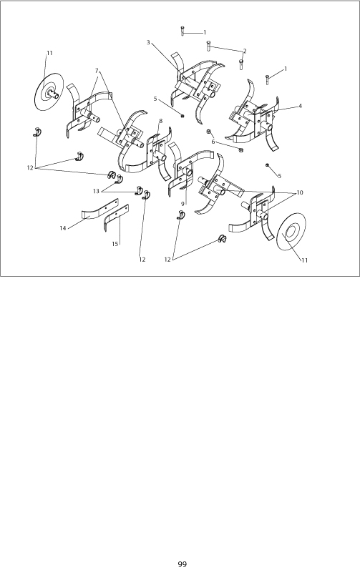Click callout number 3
(x=148, y=42)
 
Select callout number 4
(x=300, y=106)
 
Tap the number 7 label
(x=97, y=70)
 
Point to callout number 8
(x=160, y=121)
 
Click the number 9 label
(x=183, y=205)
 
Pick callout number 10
(x=300, y=192)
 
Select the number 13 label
(x=96, y=191)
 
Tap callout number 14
(x=63, y=228)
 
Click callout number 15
(x=115, y=244)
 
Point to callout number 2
(x=245, y=51)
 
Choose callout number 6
(x=213, y=142)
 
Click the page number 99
(x=183, y=564)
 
